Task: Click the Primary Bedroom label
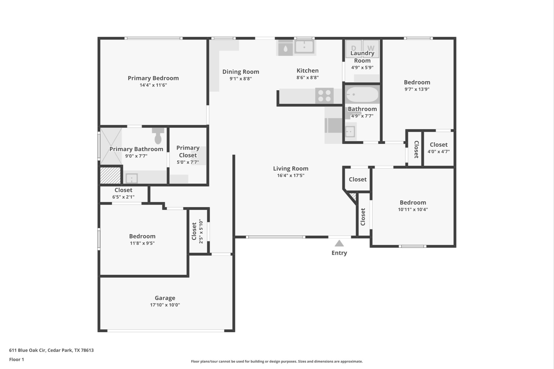click(x=153, y=78)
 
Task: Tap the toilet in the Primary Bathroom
click(x=158, y=136)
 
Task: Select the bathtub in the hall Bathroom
click(x=362, y=95)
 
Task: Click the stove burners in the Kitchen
click(x=324, y=96)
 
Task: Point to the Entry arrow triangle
click(x=339, y=243)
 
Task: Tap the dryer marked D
click(x=353, y=48)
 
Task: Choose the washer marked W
click(x=371, y=48)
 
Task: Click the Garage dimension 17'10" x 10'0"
click(x=165, y=305)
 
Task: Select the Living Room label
click(x=291, y=168)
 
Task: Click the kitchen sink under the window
click(x=304, y=47)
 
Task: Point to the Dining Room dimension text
click(x=241, y=79)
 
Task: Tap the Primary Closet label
click(x=188, y=151)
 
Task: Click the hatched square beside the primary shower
click(x=110, y=176)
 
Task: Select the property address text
click(x=51, y=350)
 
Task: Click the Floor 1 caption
click(x=17, y=360)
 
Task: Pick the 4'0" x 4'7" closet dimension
click(x=438, y=151)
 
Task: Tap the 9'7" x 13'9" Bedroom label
click(x=417, y=82)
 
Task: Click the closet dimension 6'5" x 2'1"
click(x=123, y=197)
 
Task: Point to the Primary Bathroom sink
click(x=132, y=178)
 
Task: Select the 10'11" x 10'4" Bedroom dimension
click(x=413, y=210)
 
